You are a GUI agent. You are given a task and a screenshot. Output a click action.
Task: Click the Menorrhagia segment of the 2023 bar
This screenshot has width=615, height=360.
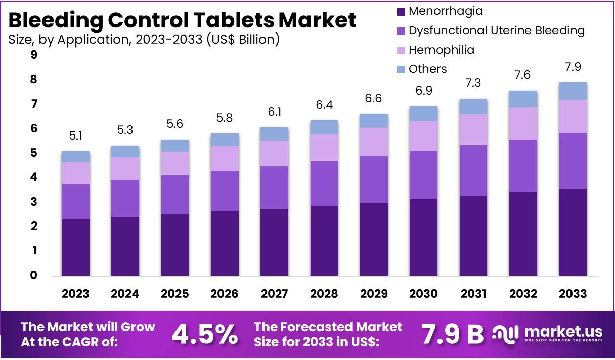[x=75, y=247]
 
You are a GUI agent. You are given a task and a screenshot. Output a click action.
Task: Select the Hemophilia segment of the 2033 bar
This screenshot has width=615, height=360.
[x=573, y=116]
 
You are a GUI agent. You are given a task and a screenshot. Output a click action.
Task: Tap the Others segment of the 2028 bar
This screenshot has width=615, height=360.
[x=324, y=127]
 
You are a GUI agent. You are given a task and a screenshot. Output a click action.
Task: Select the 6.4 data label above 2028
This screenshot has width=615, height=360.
[x=324, y=106]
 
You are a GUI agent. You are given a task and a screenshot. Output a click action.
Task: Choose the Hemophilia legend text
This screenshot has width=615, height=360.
[x=442, y=50]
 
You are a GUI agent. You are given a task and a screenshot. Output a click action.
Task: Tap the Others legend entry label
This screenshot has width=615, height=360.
[x=428, y=69]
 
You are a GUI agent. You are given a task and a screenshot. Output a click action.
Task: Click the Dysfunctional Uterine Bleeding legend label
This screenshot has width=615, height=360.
[x=497, y=30]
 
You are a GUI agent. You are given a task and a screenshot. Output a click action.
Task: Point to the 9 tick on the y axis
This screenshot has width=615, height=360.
[x=34, y=55]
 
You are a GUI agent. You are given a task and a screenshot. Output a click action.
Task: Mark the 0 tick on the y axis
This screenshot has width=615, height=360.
[x=34, y=276]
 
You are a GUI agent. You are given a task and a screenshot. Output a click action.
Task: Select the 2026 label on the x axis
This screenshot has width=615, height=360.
[x=225, y=294]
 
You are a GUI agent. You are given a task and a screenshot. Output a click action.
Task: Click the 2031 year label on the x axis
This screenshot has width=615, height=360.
[x=473, y=294]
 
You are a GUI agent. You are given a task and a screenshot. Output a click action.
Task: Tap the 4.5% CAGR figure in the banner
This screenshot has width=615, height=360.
[x=205, y=333]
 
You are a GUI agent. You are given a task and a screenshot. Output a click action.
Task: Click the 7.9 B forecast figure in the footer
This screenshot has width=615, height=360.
[x=452, y=333]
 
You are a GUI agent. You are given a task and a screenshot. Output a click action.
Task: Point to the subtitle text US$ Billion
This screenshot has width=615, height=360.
[x=243, y=39]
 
